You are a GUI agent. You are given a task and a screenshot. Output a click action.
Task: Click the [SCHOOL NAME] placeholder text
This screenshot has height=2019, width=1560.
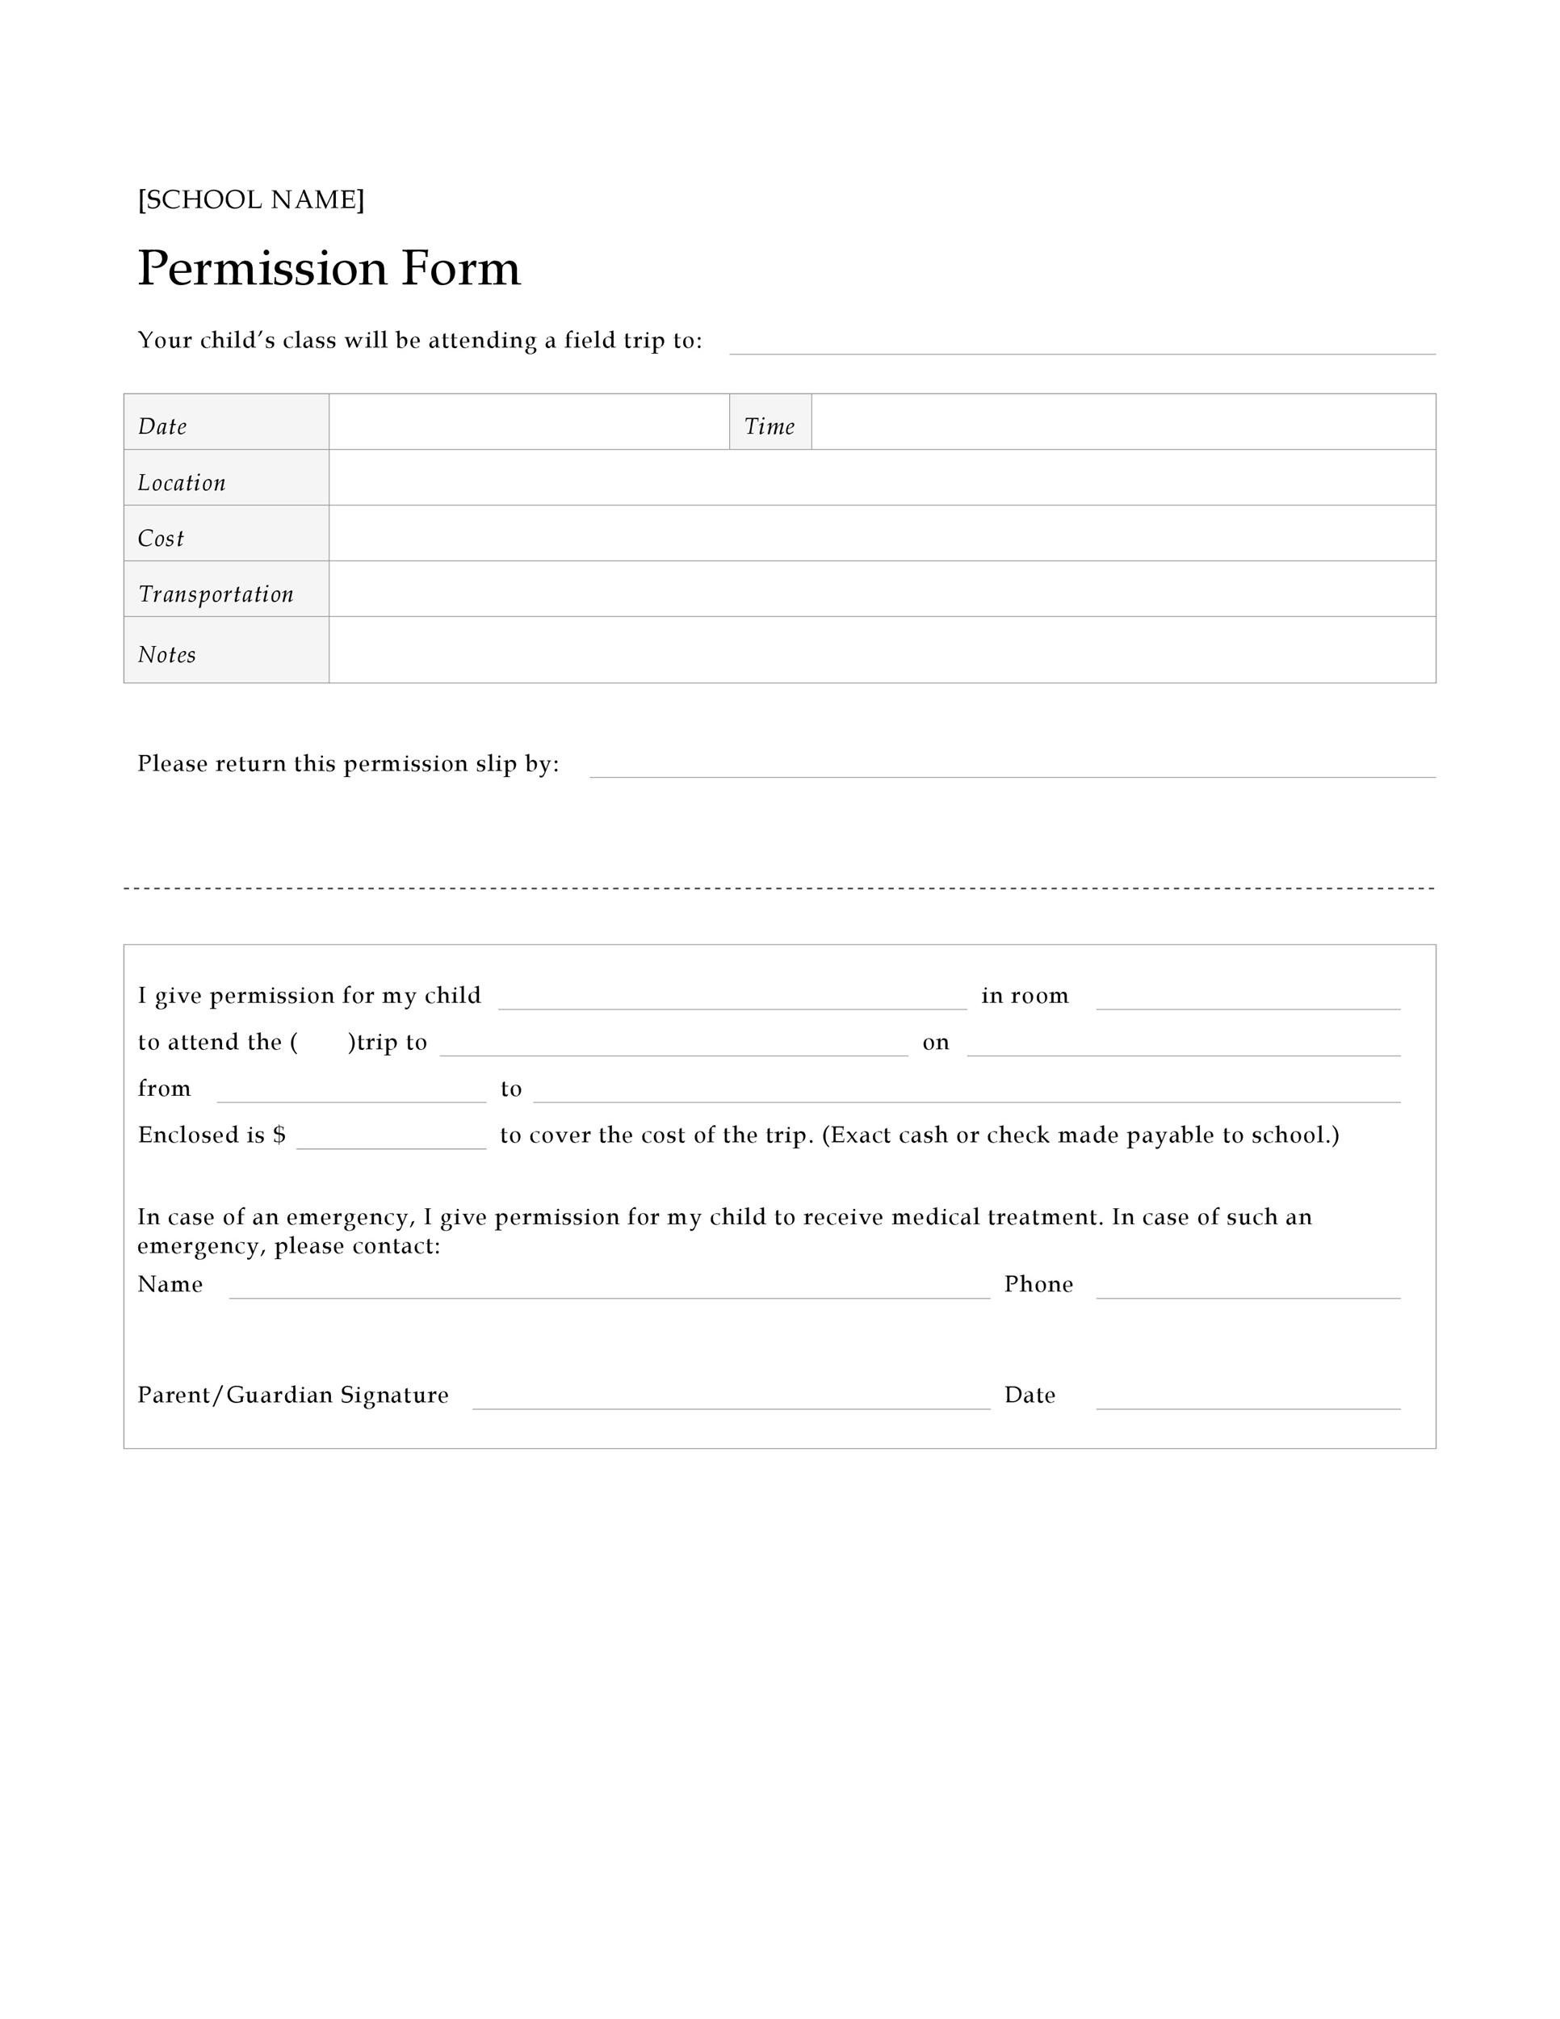[x=250, y=199]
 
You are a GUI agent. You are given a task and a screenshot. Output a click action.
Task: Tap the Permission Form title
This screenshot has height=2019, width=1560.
[x=328, y=268]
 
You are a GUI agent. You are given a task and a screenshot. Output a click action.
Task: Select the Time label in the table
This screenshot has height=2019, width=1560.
[x=769, y=426]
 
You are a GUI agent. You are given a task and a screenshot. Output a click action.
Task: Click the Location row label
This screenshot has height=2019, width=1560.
[x=181, y=483]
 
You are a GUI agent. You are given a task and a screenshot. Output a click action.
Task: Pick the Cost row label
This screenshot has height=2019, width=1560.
[x=161, y=538]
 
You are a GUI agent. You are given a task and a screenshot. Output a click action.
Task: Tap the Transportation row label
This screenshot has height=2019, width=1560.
[x=216, y=594]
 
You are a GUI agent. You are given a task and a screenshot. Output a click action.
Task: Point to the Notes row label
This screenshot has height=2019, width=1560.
[x=166, y=654]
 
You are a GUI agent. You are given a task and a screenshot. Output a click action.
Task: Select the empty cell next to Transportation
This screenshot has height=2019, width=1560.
[x=882, y=589]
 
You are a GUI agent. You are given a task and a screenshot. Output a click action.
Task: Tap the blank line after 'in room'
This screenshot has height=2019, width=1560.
[x=1248, y=999]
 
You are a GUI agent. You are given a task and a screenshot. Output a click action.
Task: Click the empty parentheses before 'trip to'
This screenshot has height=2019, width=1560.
[x=322, y=1043]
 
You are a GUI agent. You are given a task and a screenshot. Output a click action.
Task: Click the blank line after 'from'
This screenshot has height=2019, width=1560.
[x=351, y=1092]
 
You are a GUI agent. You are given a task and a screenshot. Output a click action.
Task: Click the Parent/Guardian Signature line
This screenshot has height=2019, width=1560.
[x=730, y=1399]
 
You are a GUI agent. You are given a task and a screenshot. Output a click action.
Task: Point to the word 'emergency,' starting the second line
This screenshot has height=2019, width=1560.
[x=200, y=1246]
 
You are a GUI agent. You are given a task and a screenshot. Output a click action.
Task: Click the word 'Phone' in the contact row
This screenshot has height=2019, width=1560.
[x=1038, y=1284]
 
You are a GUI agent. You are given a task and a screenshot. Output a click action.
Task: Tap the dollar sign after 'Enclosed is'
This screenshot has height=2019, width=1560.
[x=279, y=1135]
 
